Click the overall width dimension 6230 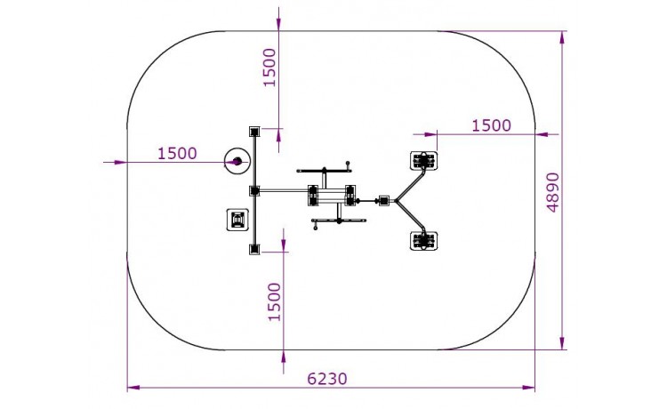coord(327,379)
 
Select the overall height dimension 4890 coord(552,192)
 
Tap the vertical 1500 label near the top coord(269,68)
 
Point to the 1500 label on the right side coord(491,125)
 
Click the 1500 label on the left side coord(177,154)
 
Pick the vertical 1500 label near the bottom coord(275,302)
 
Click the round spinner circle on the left coord(237,161)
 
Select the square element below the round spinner coord(237,220)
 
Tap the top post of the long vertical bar coord(254,132)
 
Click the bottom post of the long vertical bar coord(254,249)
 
